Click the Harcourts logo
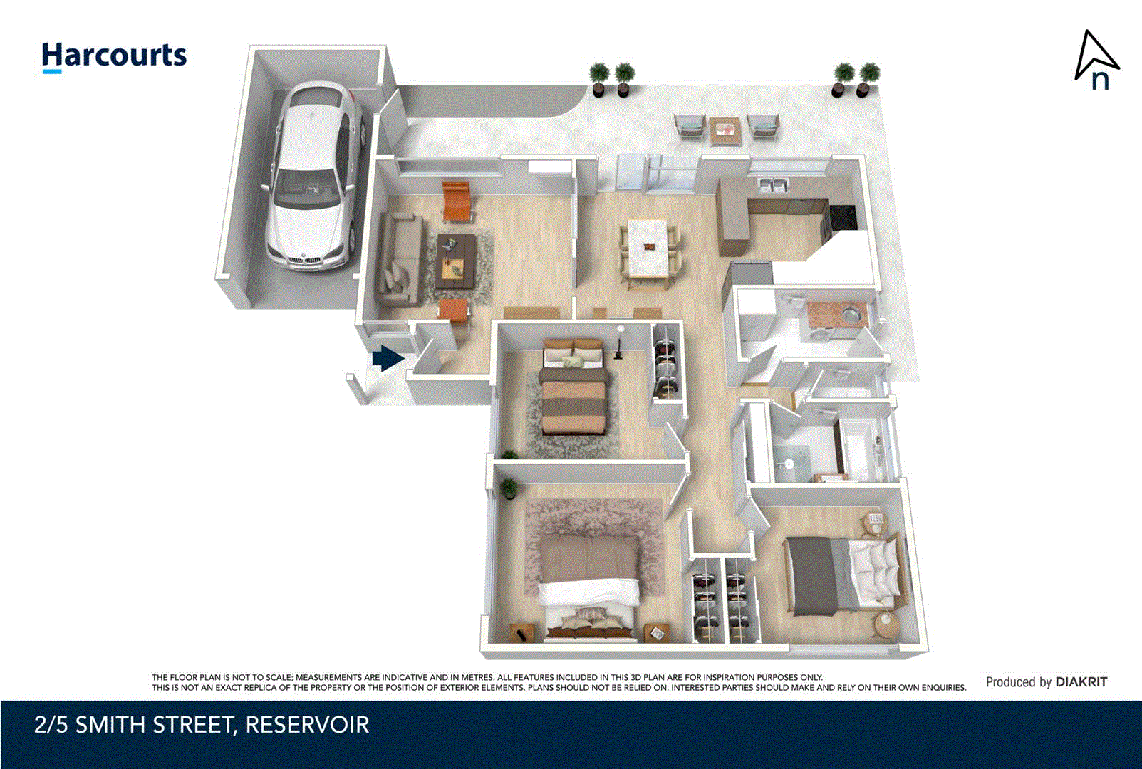(x=114, y=56)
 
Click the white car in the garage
(x=313, y=178)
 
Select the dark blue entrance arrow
(x=388, y=358)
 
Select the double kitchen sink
(x=773, y=186)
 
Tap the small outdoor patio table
(x=725, y=130)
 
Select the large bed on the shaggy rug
(x=589, y=580)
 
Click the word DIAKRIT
(x=1081, y=682)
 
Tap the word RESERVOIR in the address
(x=307, y=726)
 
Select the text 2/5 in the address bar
(x=51, y=726)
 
